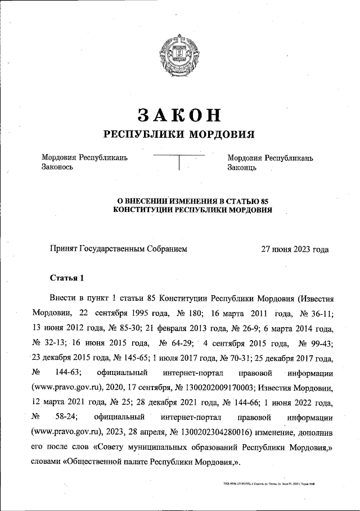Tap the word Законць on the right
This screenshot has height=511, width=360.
point(242,168)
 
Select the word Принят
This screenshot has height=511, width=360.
point(64,248)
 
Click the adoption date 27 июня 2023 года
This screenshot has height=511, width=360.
point(295,248)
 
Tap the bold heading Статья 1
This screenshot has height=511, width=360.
point(66,278)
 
